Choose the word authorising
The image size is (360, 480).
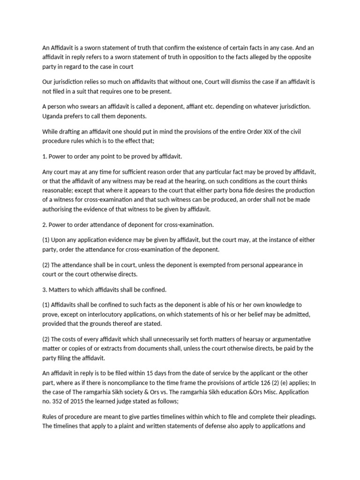[60, 209]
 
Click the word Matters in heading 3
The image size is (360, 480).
[61, 290]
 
